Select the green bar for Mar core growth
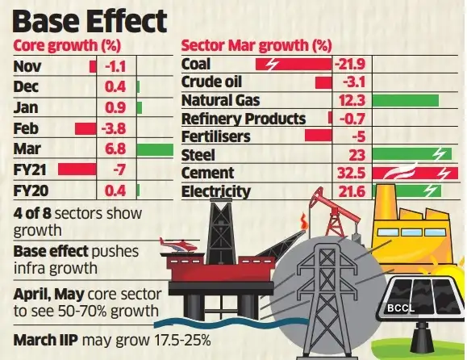click(x=155, y=149)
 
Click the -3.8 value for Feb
click(x=117, y=128)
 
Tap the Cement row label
click(x=207, y=173)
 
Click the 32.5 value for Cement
click(x=350, y=173)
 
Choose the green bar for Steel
click(x=411, y=155)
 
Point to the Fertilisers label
click(x=217, y=136)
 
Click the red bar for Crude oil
click(x=323, y=82)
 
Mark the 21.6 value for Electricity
click(x=349, y=191)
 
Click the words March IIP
click(x=49, y=340)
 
